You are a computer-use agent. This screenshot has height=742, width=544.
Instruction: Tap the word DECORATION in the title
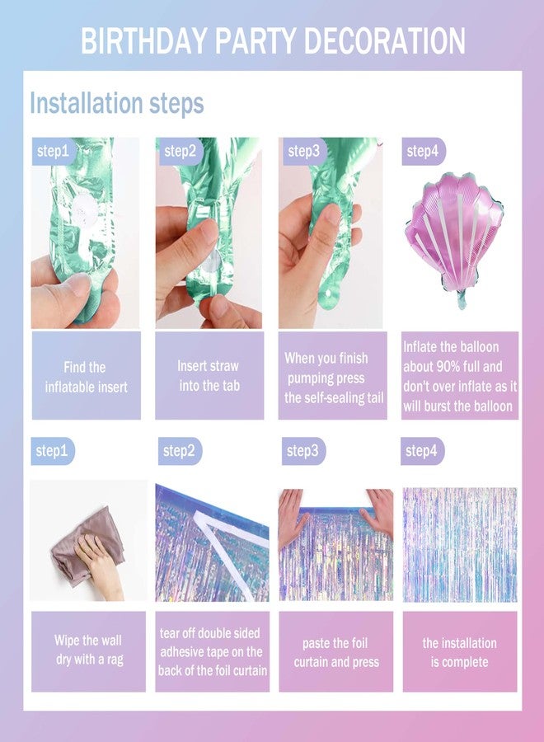coord(384,40)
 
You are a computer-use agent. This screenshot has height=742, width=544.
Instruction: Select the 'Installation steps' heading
coord(117,103)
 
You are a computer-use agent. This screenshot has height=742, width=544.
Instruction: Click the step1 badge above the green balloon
coord(53,151)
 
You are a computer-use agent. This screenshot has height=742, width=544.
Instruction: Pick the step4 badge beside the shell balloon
coord(423,152)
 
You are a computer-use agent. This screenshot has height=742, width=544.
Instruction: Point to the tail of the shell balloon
coord(462,299)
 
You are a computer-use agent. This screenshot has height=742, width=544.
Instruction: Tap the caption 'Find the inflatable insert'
coord(86,377)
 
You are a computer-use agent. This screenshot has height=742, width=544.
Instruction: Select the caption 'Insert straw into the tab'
coord(209,376)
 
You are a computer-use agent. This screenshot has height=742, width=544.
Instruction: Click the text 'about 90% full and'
coord(453,367)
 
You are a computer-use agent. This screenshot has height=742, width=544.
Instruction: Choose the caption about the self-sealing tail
coord(334,378)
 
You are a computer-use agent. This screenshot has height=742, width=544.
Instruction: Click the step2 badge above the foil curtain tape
coord(180,451)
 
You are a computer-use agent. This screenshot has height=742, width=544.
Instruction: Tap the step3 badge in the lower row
coord(303,451)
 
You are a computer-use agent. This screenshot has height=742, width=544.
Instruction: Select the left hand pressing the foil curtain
coord(292,514)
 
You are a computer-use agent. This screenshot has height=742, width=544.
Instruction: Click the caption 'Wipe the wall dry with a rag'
coord(89,650)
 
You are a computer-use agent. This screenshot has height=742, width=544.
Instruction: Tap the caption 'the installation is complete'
coord(459,652)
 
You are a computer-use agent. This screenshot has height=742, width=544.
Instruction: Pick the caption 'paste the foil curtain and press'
coord(336,652)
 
